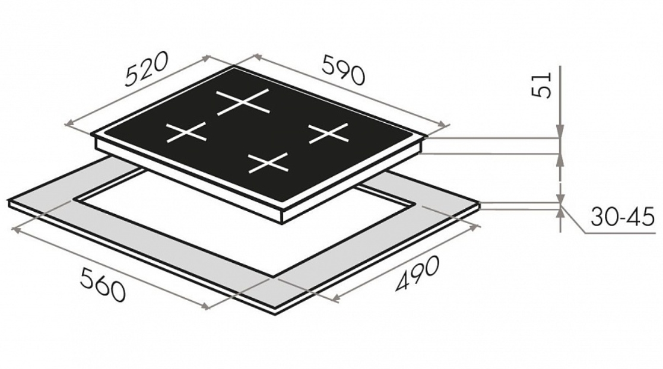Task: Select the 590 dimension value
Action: pos(343,70)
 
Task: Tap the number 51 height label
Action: pos(543,85)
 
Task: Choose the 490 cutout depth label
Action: pos(417,273)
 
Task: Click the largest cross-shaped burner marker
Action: pos(243,102)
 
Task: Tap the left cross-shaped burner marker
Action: pos(186,132)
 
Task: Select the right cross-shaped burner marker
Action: pos(329,133)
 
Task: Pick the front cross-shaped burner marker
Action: pos(268,163)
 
